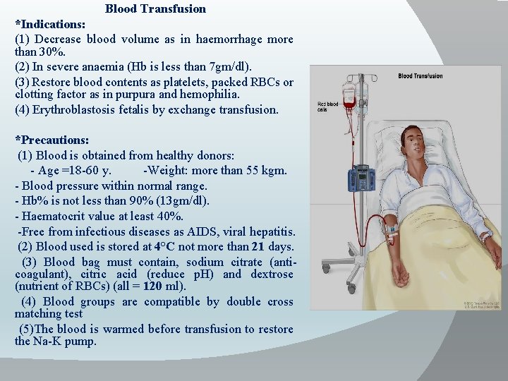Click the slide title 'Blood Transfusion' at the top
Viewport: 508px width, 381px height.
tap(155, 9)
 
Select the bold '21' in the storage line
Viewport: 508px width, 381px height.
tap(258, 247)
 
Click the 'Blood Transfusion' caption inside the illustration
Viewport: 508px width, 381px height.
tap(421, 76)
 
